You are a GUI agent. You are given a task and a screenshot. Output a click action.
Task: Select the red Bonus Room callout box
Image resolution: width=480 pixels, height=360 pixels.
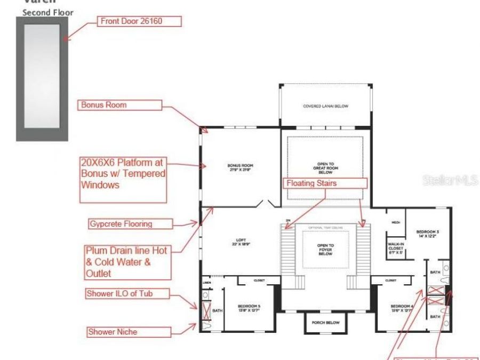[120, 105]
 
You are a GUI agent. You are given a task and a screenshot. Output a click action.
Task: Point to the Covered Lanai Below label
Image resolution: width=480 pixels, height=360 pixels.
[325, 106]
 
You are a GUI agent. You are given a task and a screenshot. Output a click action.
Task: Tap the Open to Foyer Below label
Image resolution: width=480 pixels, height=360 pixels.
[325, 249]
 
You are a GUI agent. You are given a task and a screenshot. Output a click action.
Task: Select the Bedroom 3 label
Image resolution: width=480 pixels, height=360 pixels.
[428, 233]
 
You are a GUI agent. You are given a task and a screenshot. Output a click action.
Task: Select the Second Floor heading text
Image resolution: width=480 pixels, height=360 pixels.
[48, 12]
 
